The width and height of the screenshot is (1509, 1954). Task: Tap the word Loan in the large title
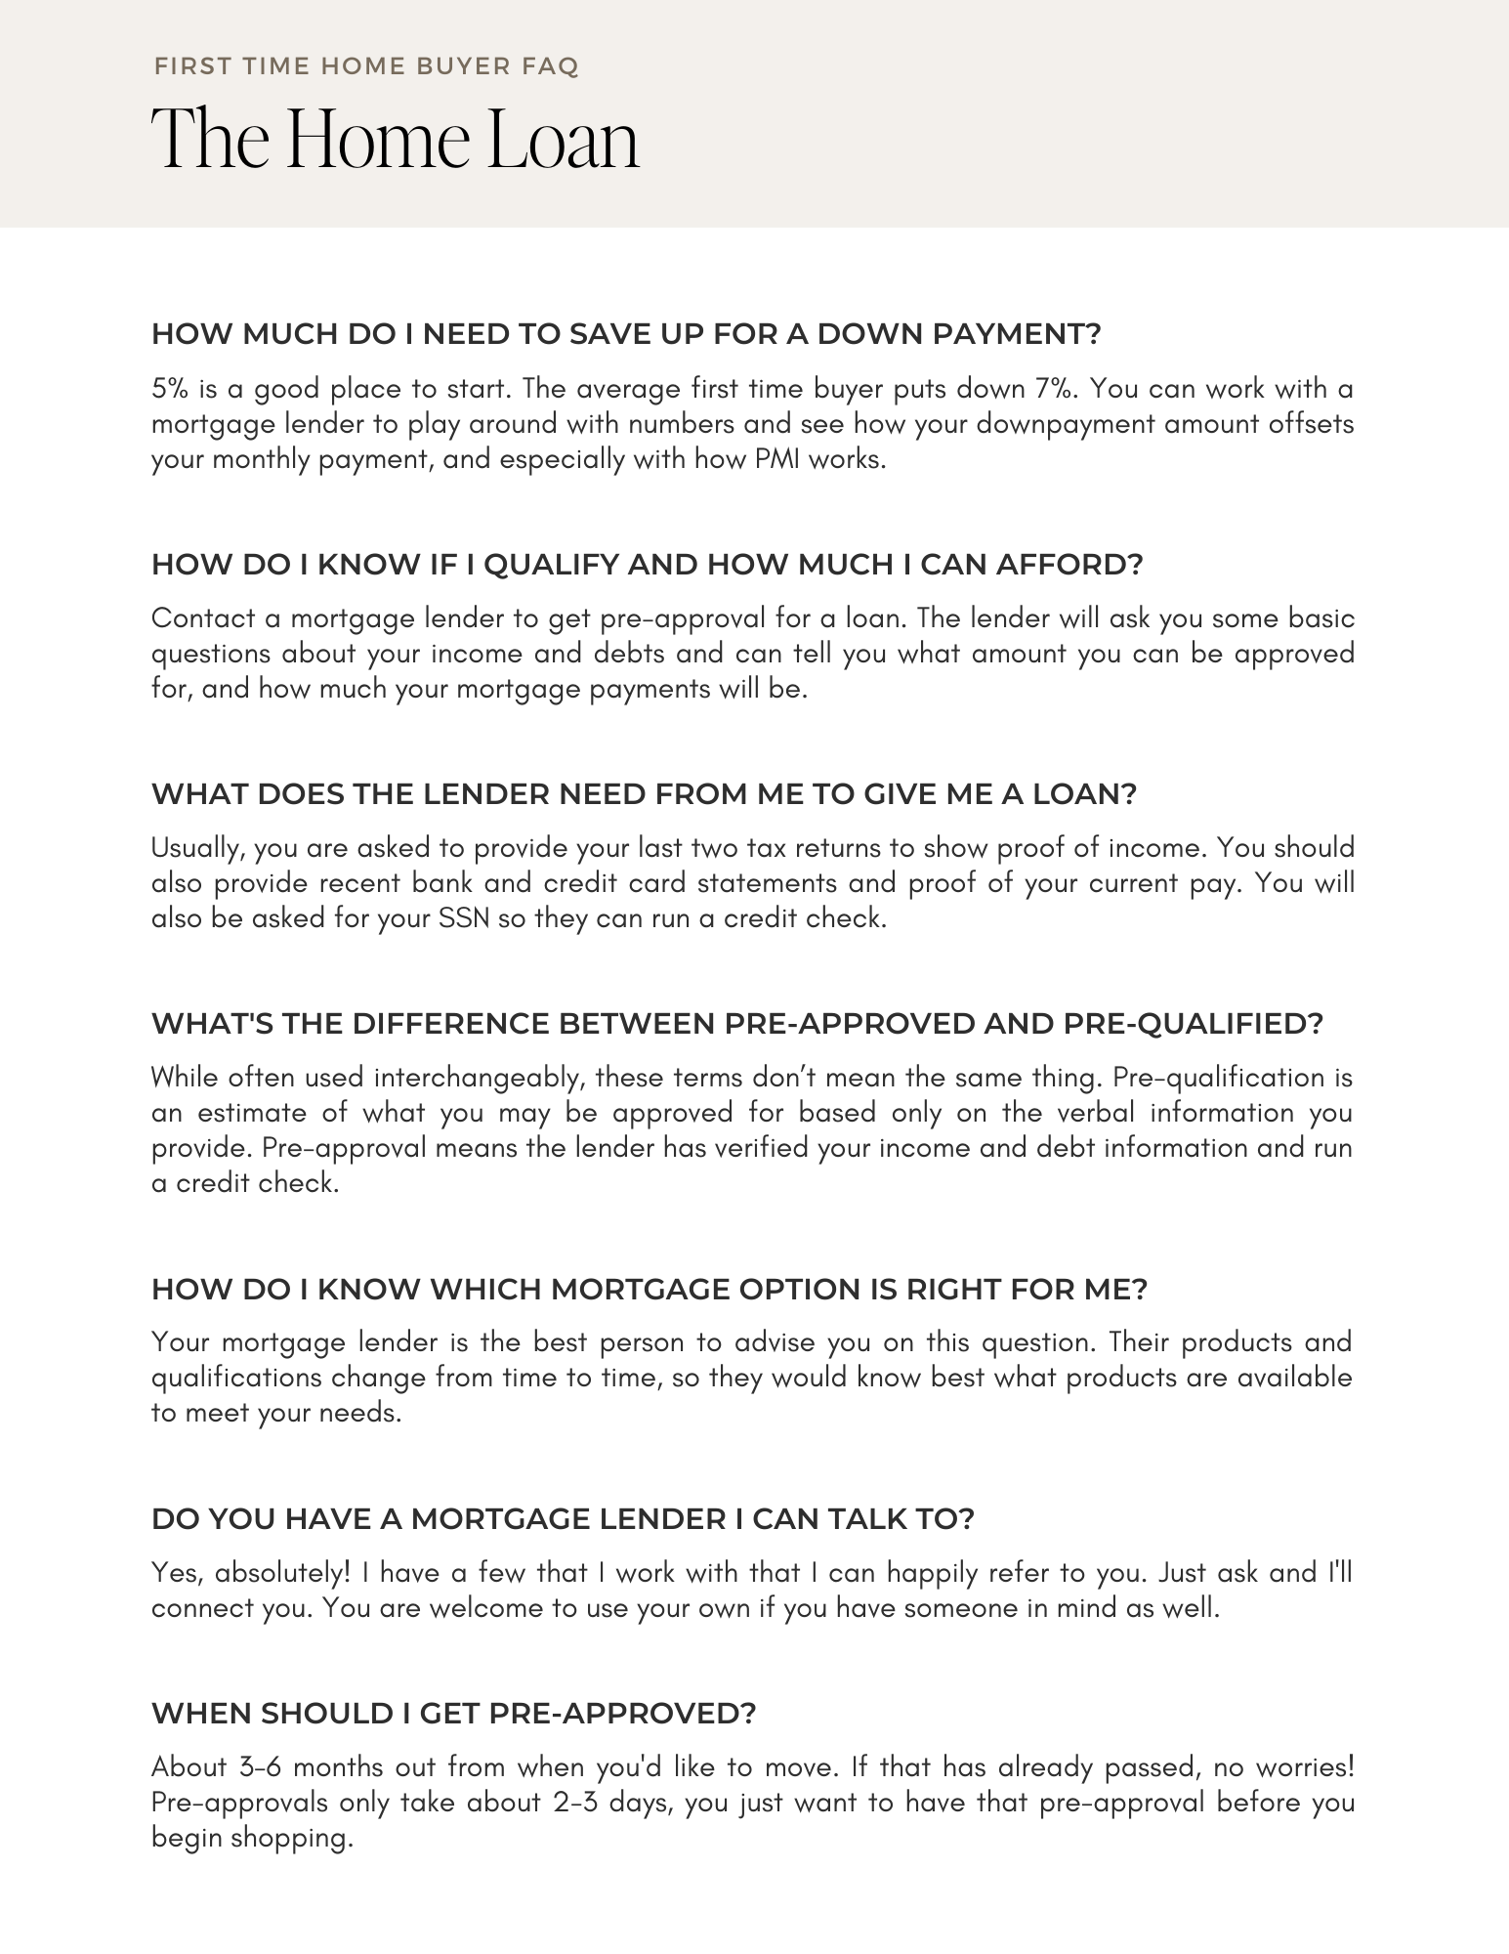563,140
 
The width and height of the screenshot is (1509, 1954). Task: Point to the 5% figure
170,389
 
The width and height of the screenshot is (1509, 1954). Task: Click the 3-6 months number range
261,1767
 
